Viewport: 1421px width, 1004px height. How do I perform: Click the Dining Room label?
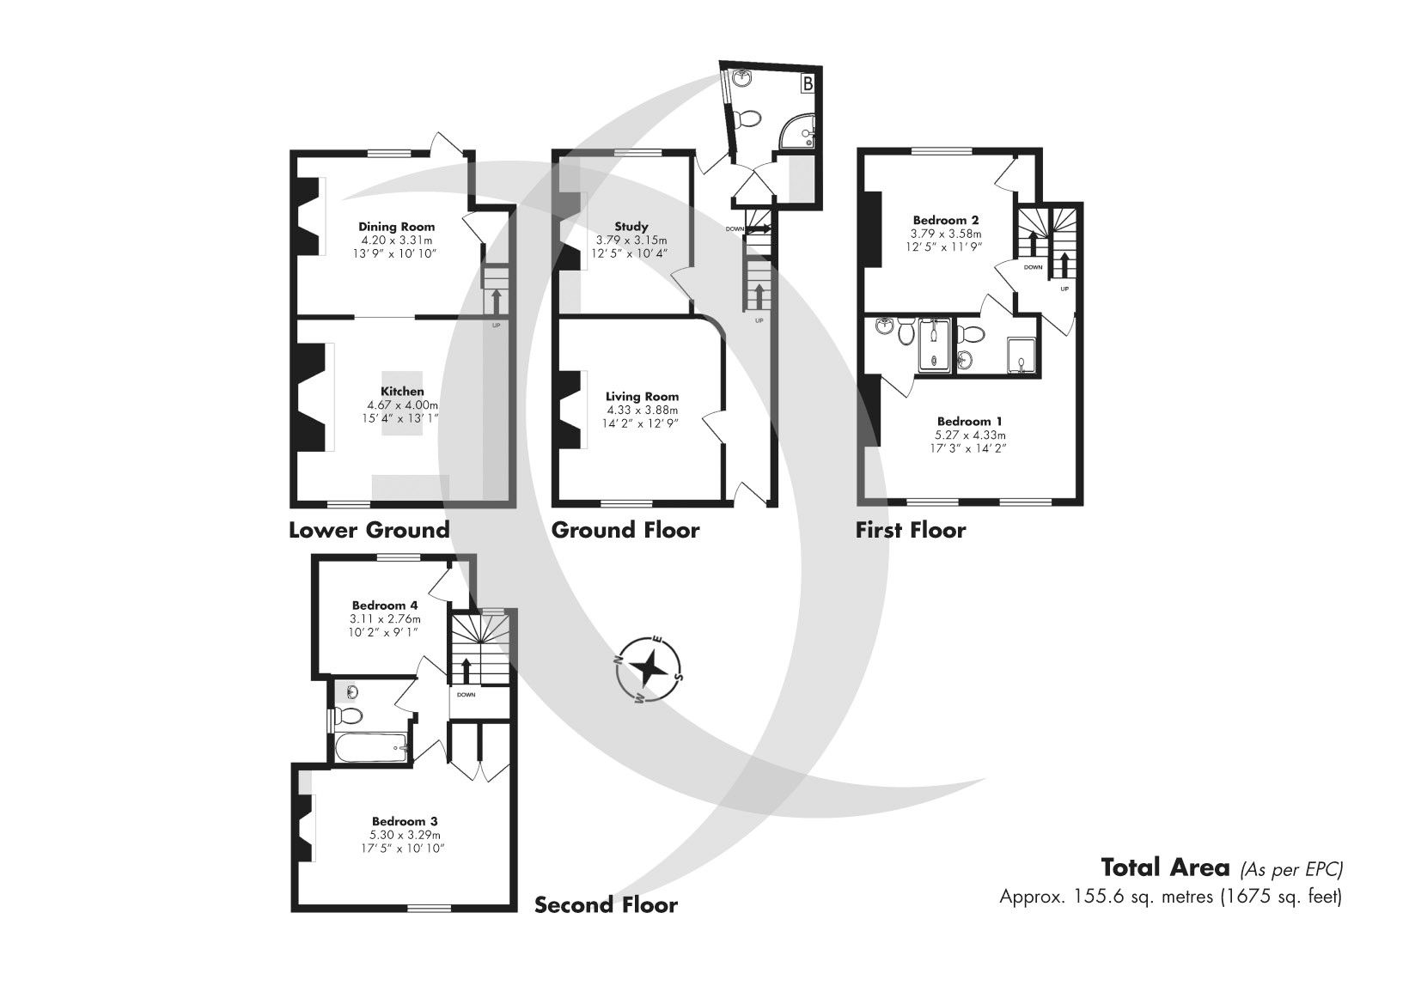[x=396, y=227]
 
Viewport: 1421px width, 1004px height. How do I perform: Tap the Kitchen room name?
[x=403, y=392]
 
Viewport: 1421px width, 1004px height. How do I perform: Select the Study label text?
[x=631, y=227]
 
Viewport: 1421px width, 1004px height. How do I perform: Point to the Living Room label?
[x=642, y=396]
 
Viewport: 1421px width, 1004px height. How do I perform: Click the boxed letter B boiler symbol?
[x=808, y=83]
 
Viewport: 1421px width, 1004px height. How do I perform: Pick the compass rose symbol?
[x=650, y=668]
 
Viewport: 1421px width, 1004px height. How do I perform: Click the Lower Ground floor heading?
[x=369, y=530]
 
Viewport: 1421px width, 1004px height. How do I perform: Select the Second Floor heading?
[x=606, y=905]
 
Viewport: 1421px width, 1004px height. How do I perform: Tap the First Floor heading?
[x=910, y=530]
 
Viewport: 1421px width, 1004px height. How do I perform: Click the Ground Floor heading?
[x=625, y=530]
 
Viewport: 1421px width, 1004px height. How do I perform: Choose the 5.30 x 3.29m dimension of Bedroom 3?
[x=406, y=835]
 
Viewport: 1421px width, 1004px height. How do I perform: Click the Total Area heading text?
[x=1164, y=867]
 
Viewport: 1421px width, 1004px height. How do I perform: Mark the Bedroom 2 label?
[x=945, y=220]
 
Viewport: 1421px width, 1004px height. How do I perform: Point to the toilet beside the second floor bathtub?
[x=349, y=715]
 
